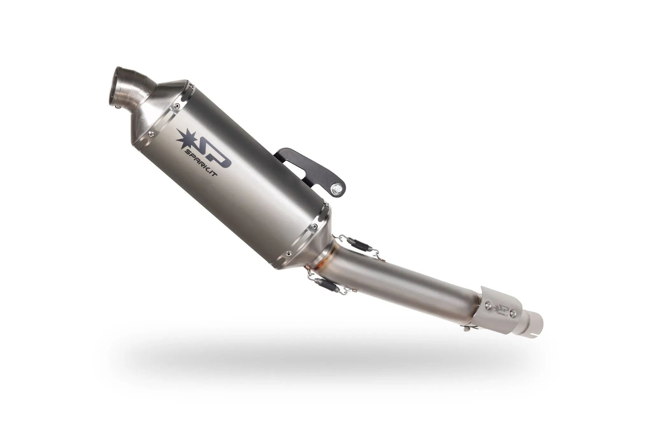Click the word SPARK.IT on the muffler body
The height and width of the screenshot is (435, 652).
200,163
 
